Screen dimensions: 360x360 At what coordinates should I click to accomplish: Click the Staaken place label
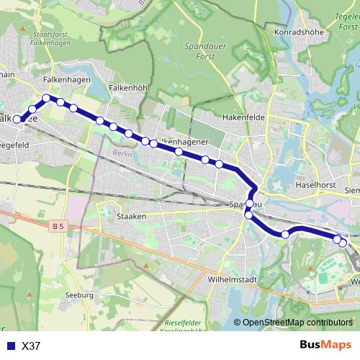(131, 216)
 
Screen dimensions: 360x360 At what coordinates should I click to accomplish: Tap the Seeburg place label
(79, 295)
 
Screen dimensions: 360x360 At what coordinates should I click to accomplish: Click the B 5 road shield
(58, 226)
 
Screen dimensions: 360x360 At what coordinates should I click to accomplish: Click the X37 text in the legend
(32, 346)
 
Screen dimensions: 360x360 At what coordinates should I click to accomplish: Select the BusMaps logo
(325, 345)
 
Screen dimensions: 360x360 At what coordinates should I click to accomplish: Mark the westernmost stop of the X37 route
(17, 120)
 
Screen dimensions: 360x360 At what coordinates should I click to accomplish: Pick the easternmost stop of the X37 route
(343, 243)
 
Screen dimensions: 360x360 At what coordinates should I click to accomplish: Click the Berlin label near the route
(120, 153)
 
